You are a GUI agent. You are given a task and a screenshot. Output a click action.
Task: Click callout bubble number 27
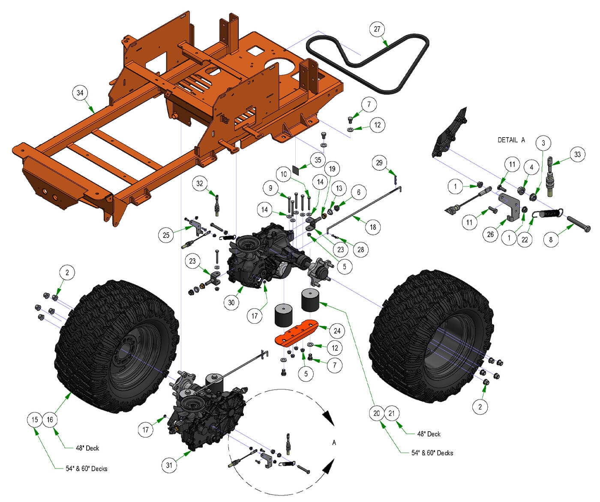pos(377,29)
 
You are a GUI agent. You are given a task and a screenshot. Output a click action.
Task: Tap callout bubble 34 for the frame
pos(80,93)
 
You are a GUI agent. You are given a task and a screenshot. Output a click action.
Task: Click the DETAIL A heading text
pos(511,140)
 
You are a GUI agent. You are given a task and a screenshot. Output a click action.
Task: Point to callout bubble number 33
pos(577,154)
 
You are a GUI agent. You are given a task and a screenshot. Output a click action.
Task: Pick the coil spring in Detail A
pos(549,213)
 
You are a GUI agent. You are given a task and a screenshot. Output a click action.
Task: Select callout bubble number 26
pos(490,234)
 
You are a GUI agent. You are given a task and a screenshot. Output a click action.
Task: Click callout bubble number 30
pos(231,302)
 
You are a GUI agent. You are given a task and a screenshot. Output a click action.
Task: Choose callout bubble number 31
pos(169,465)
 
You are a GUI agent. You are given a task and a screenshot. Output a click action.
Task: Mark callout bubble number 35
pos(318,160)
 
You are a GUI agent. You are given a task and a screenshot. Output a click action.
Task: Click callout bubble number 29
pos(379,163)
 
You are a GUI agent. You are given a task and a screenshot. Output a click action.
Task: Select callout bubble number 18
pos(373,227)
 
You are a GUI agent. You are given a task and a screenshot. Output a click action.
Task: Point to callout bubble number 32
pos(200,183)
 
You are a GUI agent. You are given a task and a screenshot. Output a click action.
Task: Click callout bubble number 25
pos(166,235)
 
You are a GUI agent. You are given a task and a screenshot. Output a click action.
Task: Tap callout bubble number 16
pos(50,420)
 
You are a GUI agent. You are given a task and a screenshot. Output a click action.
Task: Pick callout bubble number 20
pos(376,413)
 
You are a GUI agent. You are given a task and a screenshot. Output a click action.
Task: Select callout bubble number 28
pos(361,249)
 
